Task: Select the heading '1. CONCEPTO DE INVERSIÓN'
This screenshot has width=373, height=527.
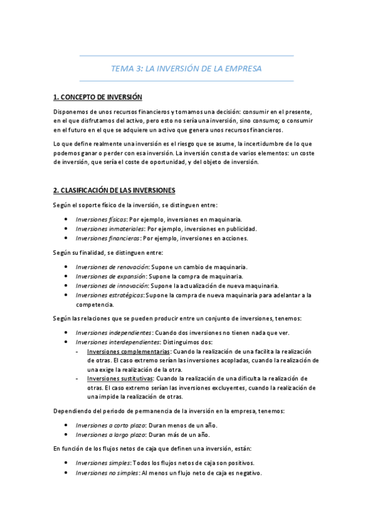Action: [98, 97]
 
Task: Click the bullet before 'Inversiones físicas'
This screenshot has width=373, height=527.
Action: [67, 219]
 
